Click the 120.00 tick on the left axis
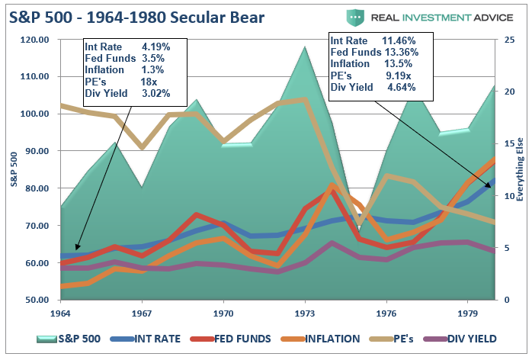click(34, 39)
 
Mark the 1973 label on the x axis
click(305, 313)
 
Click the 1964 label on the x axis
click(61, 313)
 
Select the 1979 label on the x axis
click(467, 313)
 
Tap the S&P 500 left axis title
click(13, 169)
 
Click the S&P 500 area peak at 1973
click(305, 48)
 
